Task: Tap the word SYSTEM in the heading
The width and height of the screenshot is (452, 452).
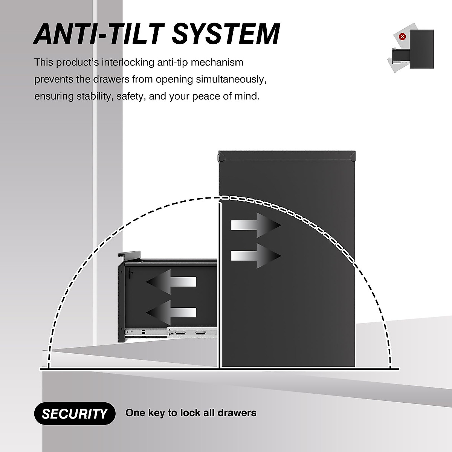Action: [226, 34]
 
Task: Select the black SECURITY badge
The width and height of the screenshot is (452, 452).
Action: [75, 414]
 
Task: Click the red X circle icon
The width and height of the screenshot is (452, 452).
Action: [403, 37]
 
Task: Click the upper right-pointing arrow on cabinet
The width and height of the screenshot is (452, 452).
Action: [256, 225]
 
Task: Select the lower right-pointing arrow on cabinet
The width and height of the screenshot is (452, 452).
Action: [256, 256]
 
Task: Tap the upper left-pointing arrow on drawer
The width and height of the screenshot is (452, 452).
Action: [171, 281]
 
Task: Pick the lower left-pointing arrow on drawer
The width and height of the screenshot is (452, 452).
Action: [171, 312]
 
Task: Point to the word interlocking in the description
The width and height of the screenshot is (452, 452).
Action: [125, 62]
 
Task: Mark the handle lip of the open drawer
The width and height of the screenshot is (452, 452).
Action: [130, 256]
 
